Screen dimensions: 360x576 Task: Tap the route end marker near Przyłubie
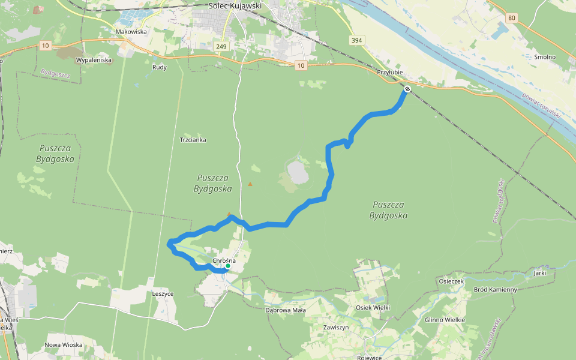(x=407, y=89)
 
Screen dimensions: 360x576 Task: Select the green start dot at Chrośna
(x=228, y=266)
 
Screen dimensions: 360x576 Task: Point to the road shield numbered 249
(x=221, y=46)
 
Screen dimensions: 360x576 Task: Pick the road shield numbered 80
(x=511, y=17)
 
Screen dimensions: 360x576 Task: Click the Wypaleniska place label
(x=94, y=61)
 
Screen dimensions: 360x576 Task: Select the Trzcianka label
(x=193, y=140)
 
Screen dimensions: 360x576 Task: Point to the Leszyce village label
(x=163, y=294)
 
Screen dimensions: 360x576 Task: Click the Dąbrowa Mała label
(x=286, y=310)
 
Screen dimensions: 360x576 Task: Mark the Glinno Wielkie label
(x=445, y=320)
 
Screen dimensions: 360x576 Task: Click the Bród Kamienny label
(x=495, y=290)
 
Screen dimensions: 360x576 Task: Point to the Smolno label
(x=545, y=57)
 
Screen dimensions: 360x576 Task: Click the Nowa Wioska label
(x=64, y=345)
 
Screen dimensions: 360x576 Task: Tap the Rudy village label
(x=160, y=67)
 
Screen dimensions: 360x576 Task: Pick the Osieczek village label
(x=451, y=281)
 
